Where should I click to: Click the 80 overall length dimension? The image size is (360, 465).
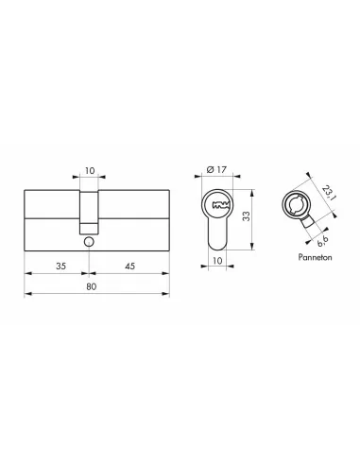click(x=91, y=286)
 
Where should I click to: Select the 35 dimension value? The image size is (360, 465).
click(x=60, y=266)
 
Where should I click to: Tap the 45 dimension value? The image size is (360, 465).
click(x=129, y=266)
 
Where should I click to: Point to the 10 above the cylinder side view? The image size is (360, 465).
click(x=90, y=170)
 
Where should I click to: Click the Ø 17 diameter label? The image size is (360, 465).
click(x=216, y=169)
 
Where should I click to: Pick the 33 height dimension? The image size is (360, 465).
click(x=247, y=215)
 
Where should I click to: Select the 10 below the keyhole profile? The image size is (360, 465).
click(x=217, y=261)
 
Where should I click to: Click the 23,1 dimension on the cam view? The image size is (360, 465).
click(x=329, y=193)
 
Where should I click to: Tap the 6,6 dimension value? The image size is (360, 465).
click(x=322, y=240)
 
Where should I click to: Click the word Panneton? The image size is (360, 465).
click(x=315, y=257)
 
